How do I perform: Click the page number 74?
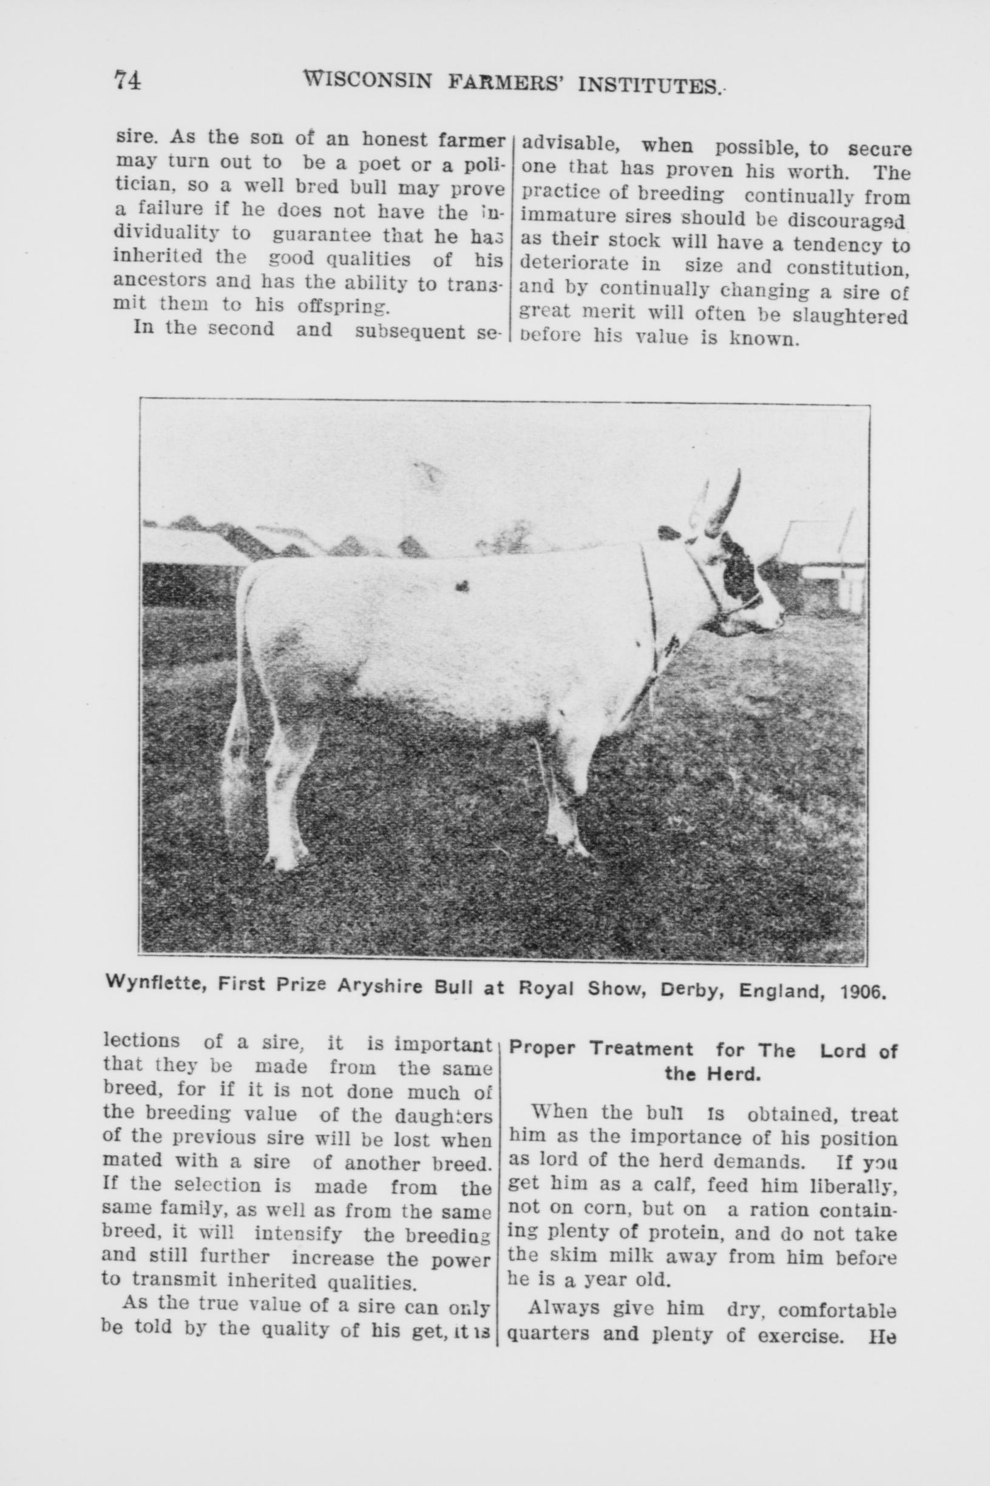127,81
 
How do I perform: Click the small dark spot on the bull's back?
463,586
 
